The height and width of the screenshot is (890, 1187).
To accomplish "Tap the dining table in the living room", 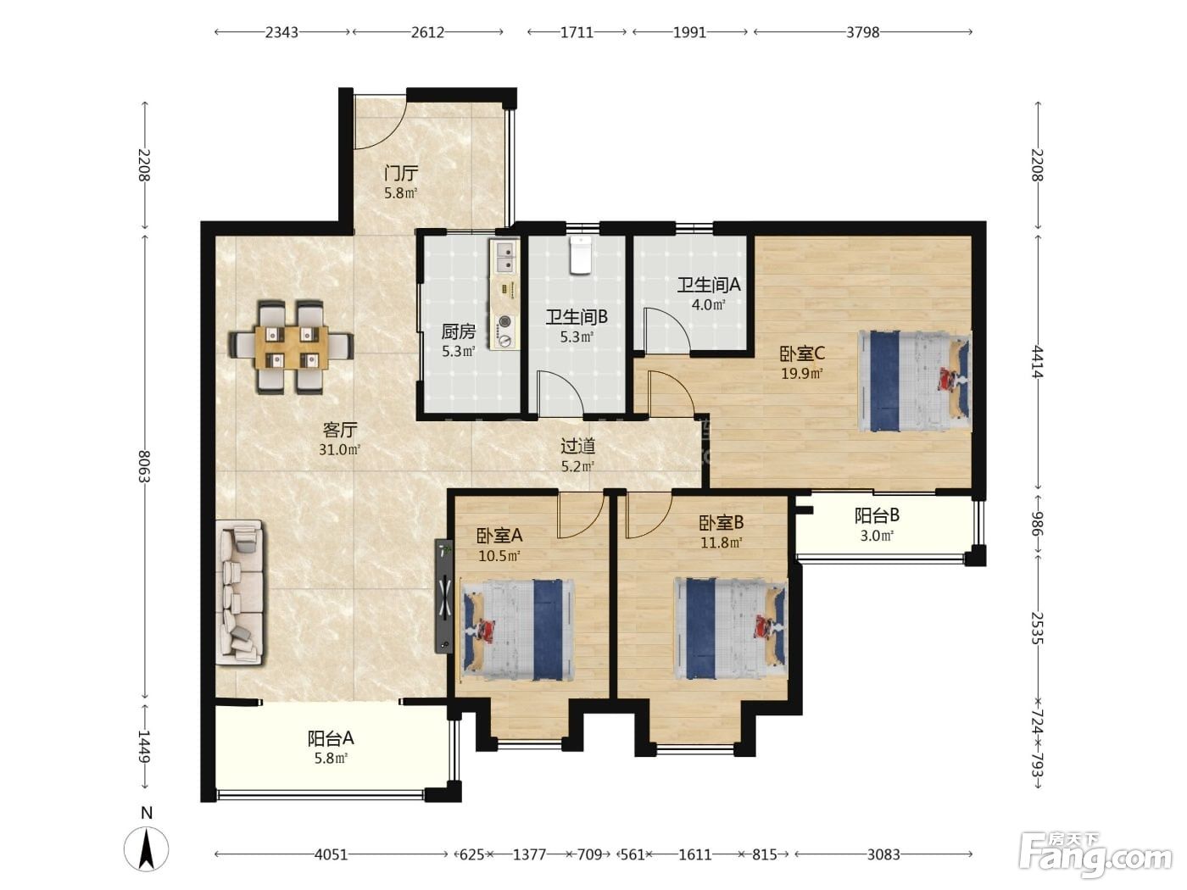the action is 292,348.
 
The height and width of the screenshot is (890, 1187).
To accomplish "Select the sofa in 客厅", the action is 240,592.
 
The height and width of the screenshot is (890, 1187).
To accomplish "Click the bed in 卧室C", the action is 914,381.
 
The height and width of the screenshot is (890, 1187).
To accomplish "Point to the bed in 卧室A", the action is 517,630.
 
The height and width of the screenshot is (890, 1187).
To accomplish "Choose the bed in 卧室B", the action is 731,628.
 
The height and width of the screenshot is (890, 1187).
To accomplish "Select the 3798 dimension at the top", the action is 862,32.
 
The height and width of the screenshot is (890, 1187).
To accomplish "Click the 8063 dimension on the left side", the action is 144,466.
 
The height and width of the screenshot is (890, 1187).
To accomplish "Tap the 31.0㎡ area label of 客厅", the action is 340,449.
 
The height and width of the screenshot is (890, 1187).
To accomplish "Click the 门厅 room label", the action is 401,174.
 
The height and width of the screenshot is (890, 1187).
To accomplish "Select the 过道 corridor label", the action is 578,446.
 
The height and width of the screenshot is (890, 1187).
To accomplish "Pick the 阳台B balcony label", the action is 877,515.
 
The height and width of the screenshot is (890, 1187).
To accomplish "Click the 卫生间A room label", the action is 709,285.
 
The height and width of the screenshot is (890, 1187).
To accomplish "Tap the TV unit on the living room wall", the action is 444,596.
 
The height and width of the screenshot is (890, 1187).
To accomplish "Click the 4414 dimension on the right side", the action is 1037,362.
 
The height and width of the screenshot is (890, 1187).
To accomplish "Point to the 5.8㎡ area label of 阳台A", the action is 331,758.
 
